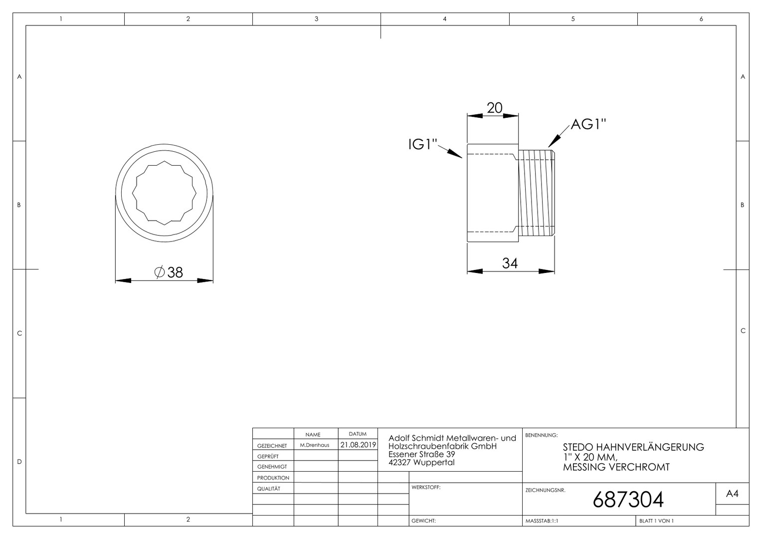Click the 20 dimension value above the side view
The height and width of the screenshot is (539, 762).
tap(494, 108)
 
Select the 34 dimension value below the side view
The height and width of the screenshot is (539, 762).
tap(510, 263)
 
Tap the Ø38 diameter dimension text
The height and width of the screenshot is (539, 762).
tap(169, 272)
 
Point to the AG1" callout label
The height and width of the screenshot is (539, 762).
tap(588, 124)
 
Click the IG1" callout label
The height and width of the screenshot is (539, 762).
tap(422, 144)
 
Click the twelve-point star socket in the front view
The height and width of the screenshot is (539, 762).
tap(164, 193)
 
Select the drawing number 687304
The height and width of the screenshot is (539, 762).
tap(628, 500)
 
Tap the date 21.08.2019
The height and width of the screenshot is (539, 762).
tap(358, 445)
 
